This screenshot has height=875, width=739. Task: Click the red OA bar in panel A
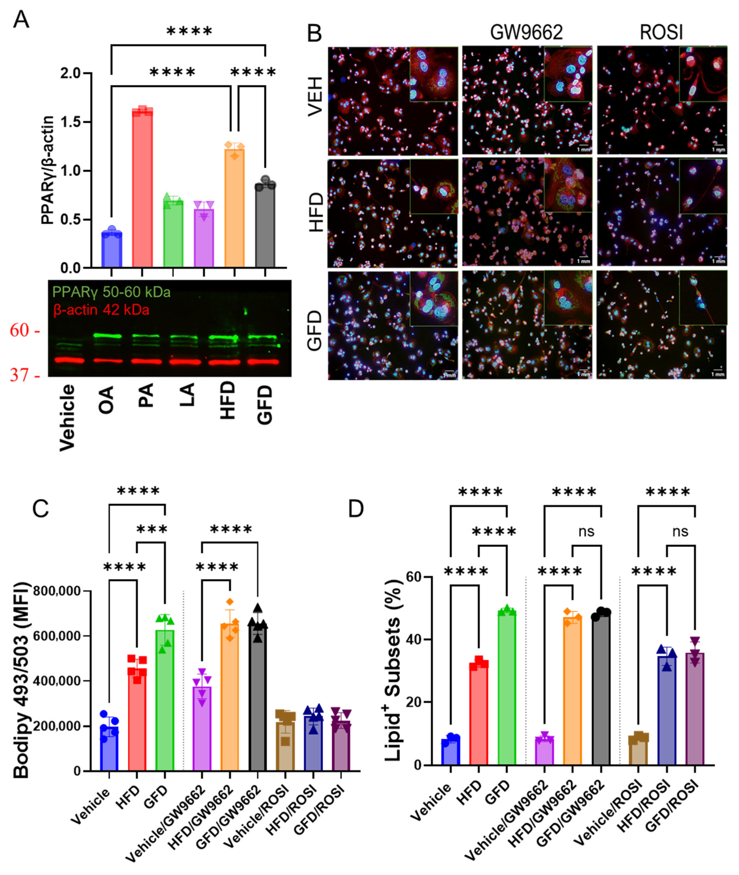tap(142, 188)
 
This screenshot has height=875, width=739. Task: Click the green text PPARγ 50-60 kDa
tap(111, 292)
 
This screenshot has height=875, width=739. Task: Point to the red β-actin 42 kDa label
tap(101, 310)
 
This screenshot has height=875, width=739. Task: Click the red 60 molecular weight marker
tap(20, 331)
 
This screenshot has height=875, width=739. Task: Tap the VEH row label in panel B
tap(315, 96)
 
